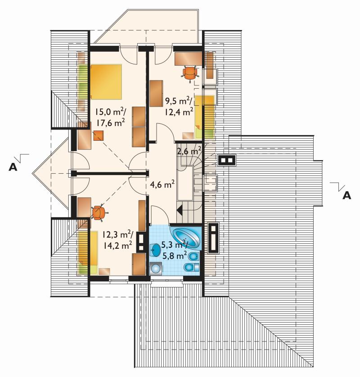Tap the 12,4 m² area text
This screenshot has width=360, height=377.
tap(179, 112)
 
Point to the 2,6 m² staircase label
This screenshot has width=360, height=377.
tap(189, 151)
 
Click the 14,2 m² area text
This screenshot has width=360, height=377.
tap(117, 245)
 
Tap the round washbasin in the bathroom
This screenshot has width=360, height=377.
tap(156, 250)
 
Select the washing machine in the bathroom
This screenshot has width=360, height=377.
tap(155, 268)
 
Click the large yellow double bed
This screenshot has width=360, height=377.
tap(106, 81)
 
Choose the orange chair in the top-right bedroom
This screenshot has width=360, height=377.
tap(190, 72)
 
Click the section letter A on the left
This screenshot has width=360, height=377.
tap(13, 167)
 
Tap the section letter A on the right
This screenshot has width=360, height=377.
tap(347, 195)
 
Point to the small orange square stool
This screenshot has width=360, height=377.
tap(99, 135)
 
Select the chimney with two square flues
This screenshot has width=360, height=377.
tap(227, 160)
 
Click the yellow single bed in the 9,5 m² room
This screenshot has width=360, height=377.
tap(205, 117)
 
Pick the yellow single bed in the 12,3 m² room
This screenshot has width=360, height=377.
tap(87, 252)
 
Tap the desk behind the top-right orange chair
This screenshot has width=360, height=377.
tap(188, 58)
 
